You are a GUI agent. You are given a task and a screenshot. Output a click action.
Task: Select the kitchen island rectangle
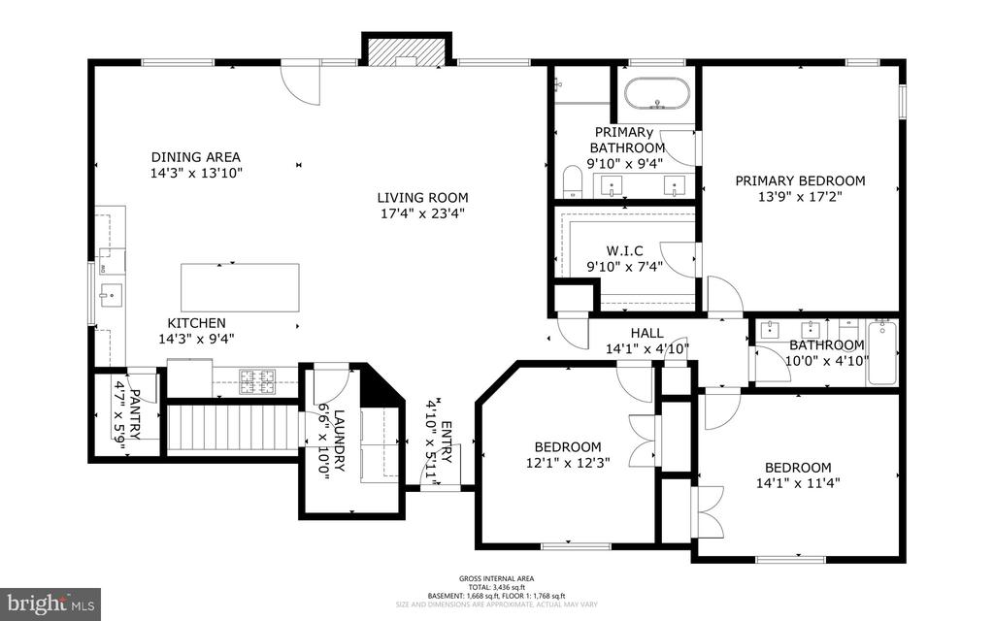pos(239,287)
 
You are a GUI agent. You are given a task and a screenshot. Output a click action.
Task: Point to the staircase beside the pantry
pos(232,428)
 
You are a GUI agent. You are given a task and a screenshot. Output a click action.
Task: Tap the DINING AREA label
pos(195,157)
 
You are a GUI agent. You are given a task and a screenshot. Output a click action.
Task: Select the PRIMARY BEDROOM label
pos(799,180)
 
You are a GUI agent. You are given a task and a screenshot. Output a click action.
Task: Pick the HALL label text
pos(646,334)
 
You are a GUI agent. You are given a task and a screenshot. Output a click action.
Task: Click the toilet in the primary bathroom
pos(572,181)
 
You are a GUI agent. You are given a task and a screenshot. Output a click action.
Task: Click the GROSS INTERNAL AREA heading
pos(496,578)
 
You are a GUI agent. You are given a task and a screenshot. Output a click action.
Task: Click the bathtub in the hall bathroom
pos(881,352)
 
